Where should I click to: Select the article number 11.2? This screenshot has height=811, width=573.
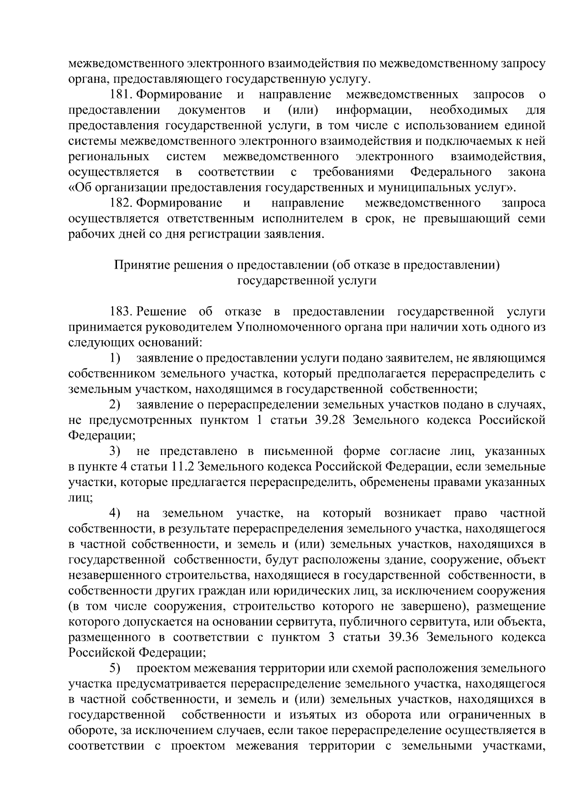click(x=184, y=466)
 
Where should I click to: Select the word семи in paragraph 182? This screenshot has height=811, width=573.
click(x=531, y=219)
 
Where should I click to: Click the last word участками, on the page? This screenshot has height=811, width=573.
click(x=516, y=746)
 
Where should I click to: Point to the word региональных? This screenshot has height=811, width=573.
click(x=108, y=157)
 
